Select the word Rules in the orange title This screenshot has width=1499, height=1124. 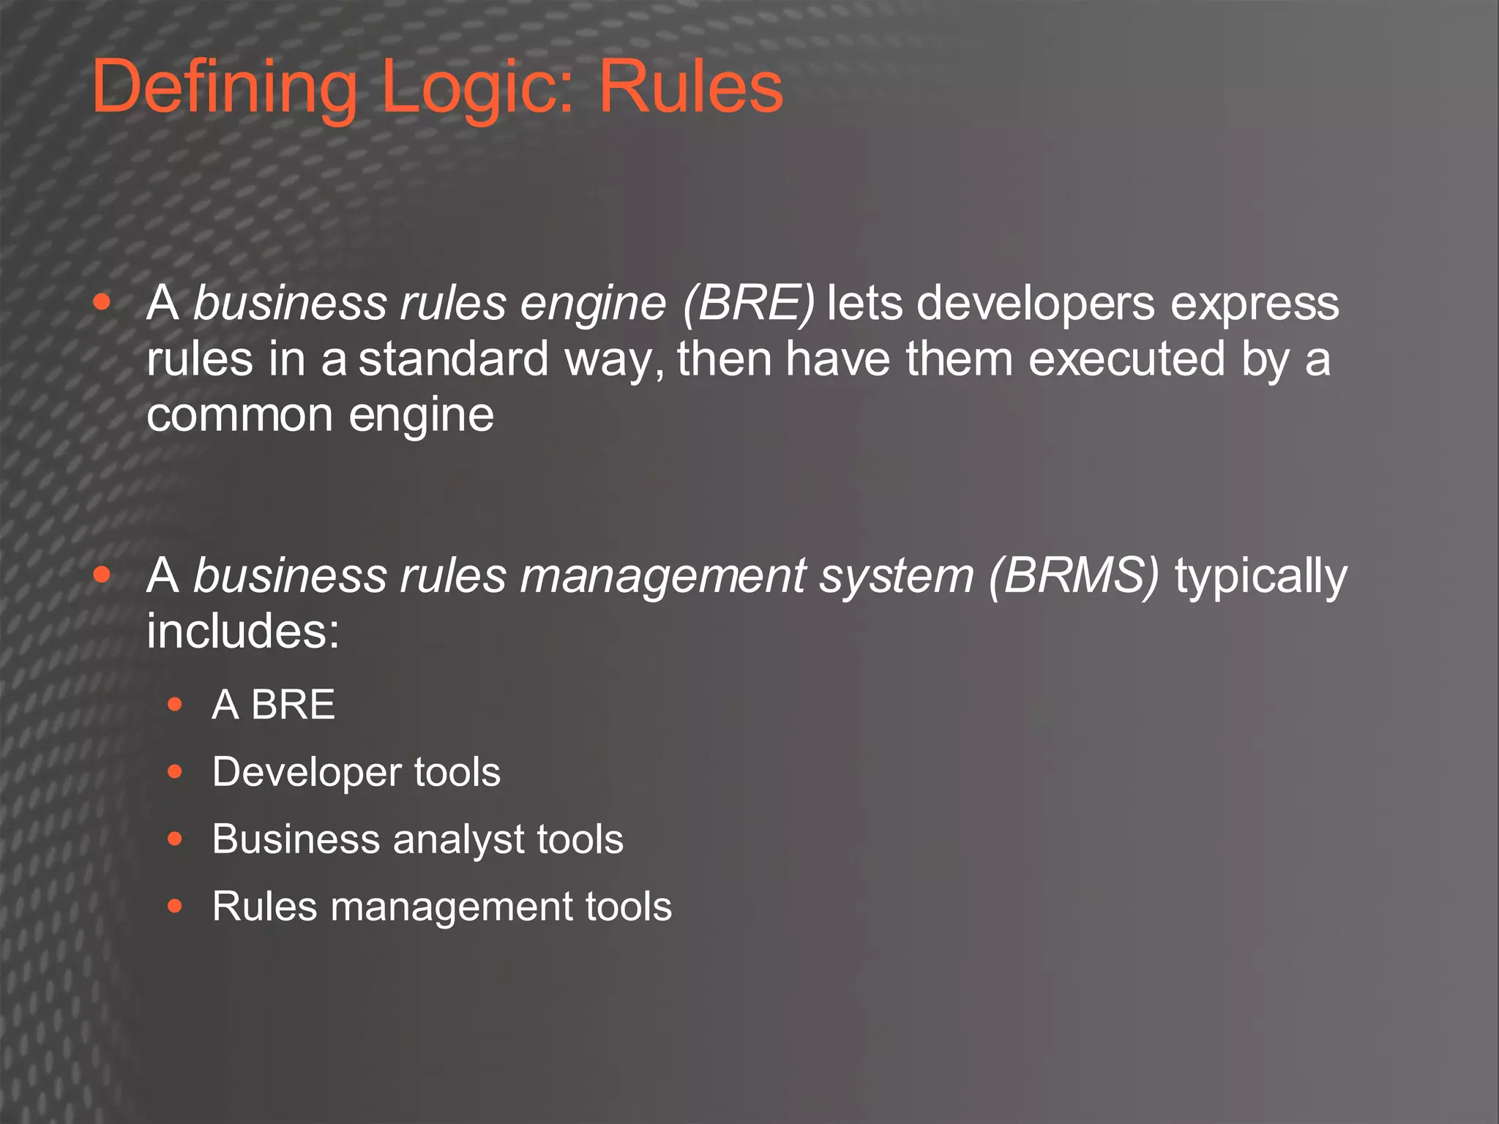(x=691, y=88)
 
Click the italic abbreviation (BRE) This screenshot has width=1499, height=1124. (x=748, y=303)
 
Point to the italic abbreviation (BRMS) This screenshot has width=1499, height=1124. (x=1074, y=575)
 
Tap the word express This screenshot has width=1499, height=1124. (x=1255, y=303)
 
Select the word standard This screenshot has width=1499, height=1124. (x=453, y=359)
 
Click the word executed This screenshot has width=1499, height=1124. (x=1126, y=359)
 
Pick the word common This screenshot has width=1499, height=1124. (x=240, y=415)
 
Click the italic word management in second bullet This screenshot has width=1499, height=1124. (x=663, y=575)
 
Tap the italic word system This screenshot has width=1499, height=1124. (x=897, y=575)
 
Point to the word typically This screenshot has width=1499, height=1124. (x=1260, y=577)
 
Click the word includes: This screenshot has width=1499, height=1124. (x=243, y=631)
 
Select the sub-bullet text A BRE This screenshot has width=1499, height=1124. (x=273, y=705)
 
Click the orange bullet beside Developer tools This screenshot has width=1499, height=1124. (x=174, y=771)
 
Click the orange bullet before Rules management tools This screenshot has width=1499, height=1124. (x=174, y=907)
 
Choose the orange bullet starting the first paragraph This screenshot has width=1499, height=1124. (x=102, y=302)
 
